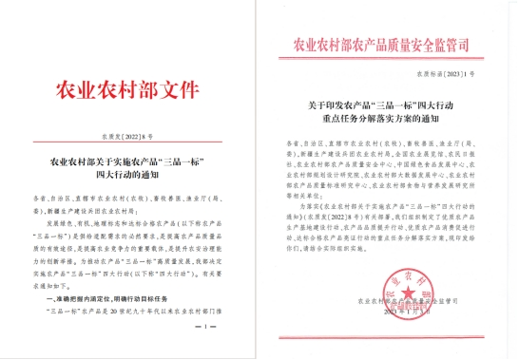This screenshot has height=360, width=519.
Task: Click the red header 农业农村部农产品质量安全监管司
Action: point(388,45)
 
